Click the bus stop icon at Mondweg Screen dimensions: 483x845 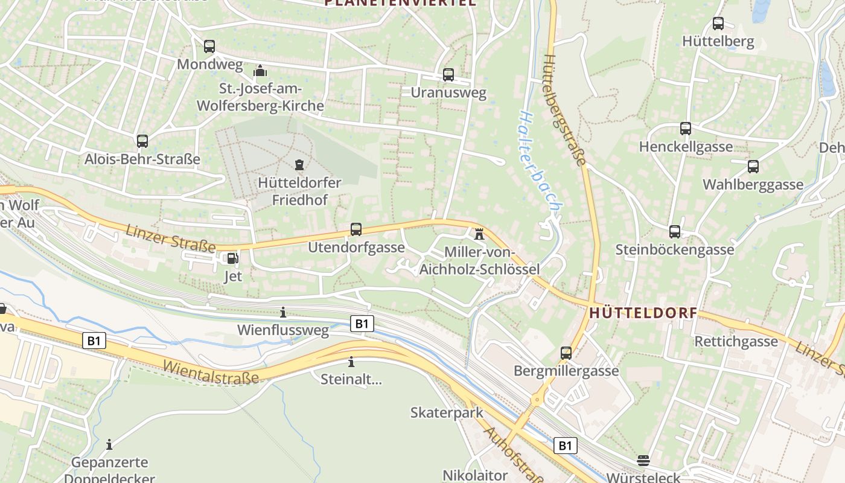coord(209,46)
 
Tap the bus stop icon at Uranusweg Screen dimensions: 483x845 coord(448,74)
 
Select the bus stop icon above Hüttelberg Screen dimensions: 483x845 coord(718,24)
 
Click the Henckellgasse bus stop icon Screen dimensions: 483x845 coord(686,128)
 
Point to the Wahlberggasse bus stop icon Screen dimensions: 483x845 coord(753,167)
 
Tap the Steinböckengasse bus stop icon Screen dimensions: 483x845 coord(675,231)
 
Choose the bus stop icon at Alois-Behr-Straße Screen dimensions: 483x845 coord(142,141)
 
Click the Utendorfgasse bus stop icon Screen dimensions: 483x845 coord(356,229)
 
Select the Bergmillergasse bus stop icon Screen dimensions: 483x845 coord(566,353)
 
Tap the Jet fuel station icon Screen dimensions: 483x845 coord(232,258)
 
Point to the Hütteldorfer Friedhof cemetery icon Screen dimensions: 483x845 coord(299,164)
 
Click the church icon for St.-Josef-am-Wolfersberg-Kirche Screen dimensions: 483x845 coord(260,71)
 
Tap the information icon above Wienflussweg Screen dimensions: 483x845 coord(283,312)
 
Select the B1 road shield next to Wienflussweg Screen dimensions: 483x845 coord(362,324)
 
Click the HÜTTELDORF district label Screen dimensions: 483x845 coord(643,313)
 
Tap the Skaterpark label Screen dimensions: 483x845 coord(447,412)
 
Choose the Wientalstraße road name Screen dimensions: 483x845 coord(211,372)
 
